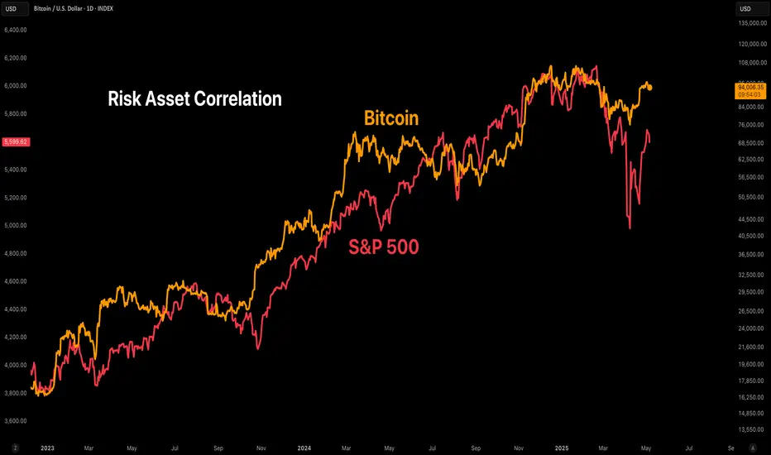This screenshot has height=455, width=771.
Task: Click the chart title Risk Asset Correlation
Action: point(195,99)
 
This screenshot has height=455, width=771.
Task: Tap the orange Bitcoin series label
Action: point(391,119)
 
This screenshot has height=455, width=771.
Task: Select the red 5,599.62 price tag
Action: point(15,141)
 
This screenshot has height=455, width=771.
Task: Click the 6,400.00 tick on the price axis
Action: point(16,30)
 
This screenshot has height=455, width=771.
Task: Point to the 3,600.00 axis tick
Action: point(16,420)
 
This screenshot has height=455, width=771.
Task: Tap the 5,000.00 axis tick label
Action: point(16,225)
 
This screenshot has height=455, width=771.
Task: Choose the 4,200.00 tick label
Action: point(16,337)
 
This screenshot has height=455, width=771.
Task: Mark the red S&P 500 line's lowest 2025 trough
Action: point(630,227)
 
